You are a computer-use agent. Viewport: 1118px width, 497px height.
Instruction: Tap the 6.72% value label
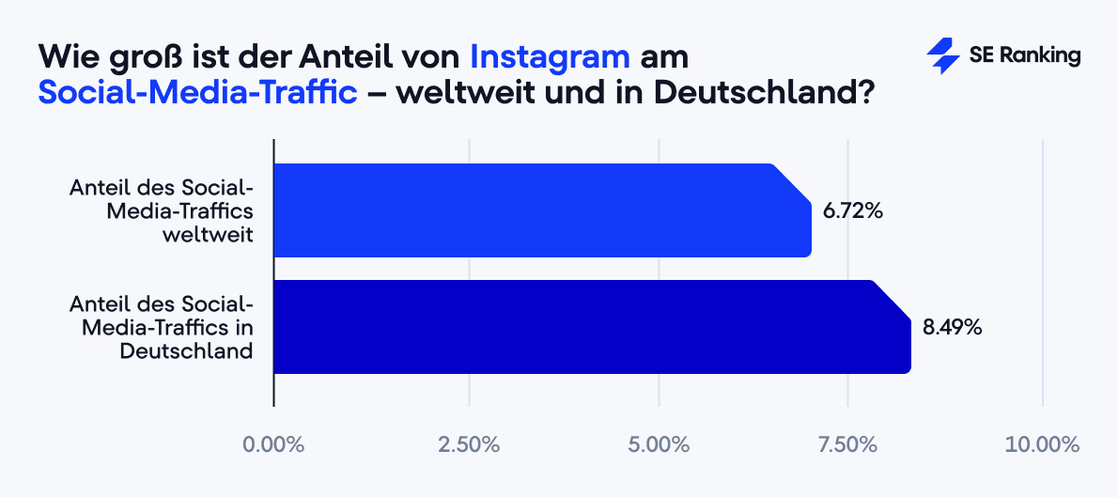pyautogui.click(x=853, y=211)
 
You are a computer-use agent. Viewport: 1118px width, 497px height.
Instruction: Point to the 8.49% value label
pyautogui.click(x=952, y=328)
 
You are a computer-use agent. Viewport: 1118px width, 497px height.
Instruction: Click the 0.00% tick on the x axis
pyautogui.click(x=273, y=444)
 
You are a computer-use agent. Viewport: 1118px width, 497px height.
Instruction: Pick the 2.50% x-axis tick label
pyautogui.click(x=468, y=444)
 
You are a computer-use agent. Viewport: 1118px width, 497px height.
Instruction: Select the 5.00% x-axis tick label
pyautogui.click(x=660, y=444)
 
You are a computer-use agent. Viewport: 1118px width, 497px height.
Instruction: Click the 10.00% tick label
pyautogui.click(x=1043, y=444)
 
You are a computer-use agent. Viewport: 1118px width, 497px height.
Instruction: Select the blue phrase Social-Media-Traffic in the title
pyautogui.click(x=198, y=93)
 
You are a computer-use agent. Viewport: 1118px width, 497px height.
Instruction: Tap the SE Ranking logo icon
pyautogui.click(x=942, y=56)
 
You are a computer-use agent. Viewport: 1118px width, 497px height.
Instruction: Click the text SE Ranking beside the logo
pyautogui.click(x=1025, y=56)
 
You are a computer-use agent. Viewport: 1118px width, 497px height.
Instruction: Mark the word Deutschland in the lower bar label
pyautogui.click(x=186, y=350)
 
